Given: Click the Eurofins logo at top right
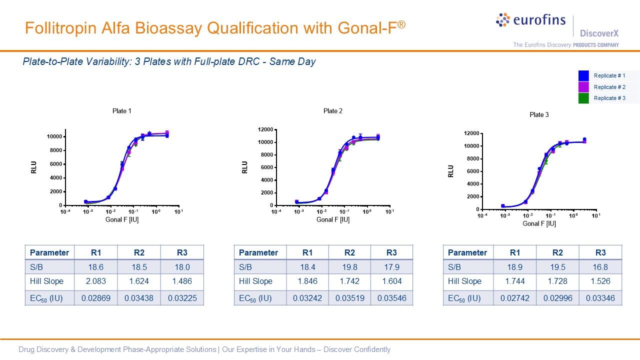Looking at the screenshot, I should [x=530, y=20].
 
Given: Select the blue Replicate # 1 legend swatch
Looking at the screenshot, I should [x=583, y=76].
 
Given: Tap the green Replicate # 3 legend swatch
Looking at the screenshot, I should [x=583, y=98].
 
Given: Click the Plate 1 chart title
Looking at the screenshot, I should [x=122, y=111].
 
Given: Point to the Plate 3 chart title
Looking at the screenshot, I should [x=539, y=115].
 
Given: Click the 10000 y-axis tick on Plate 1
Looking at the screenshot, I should [x=54, y=136].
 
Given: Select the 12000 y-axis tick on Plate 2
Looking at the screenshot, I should [x=265, y=129].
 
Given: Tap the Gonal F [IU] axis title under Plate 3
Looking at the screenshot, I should [x=539, y=223].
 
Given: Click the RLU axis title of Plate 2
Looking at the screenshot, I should [x=244, y=167].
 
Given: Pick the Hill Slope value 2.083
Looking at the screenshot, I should [x=95, y=281].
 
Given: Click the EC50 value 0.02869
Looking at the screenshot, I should [x=95, y=298].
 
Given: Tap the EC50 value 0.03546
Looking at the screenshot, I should [x=391, y=298].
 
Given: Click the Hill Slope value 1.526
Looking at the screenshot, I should [x=600, y=281].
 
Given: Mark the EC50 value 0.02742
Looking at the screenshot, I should [x=514, y=298].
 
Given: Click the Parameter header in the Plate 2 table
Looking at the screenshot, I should [x=258, y=252].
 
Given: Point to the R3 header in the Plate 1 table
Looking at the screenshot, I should [x=182, y=252].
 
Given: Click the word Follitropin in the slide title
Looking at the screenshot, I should [x=56, y=27].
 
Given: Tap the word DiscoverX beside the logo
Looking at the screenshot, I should [x=599, y=33].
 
